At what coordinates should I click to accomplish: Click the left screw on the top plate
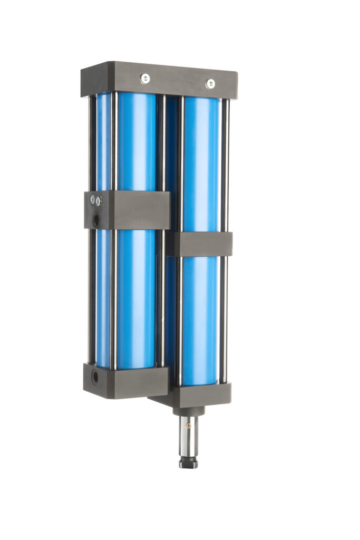(144, 79)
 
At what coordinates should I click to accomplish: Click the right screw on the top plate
(210, 83)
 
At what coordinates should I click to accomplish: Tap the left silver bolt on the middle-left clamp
(93, 199)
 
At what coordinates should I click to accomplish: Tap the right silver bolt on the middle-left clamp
(99, 201)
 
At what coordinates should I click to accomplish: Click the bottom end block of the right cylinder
(203, 394)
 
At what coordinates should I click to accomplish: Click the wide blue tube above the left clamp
(137, 142)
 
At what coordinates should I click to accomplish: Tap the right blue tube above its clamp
(201, 163)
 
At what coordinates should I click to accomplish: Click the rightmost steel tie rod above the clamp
(225, 163)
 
